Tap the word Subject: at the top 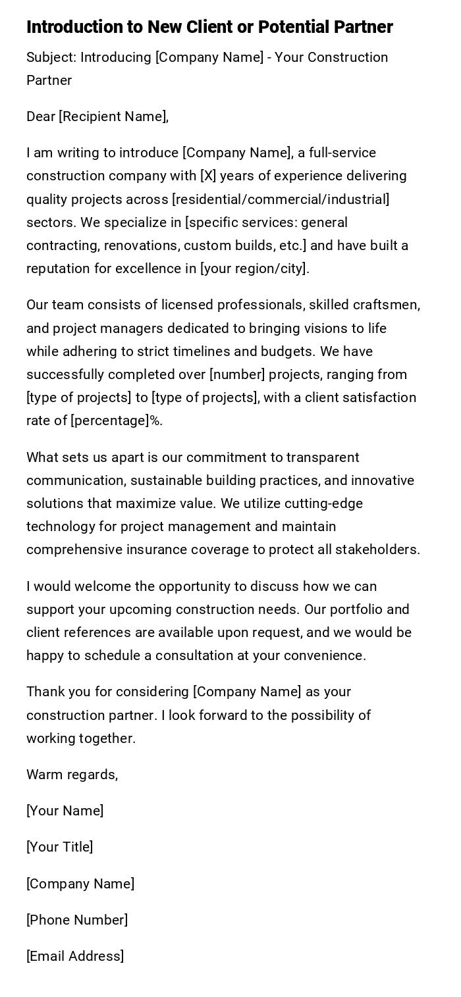(x=51, y=57)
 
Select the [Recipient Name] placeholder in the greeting (x=113, y=116)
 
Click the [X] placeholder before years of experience (x=208, y=176)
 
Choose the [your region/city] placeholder (x=254, y=268)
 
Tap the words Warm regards (x=72, y=775)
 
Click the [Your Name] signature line (x=65, y=811)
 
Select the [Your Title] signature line (x=59, y=847)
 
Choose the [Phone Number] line (x=77, y=920)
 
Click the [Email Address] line (x=75, y=956)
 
